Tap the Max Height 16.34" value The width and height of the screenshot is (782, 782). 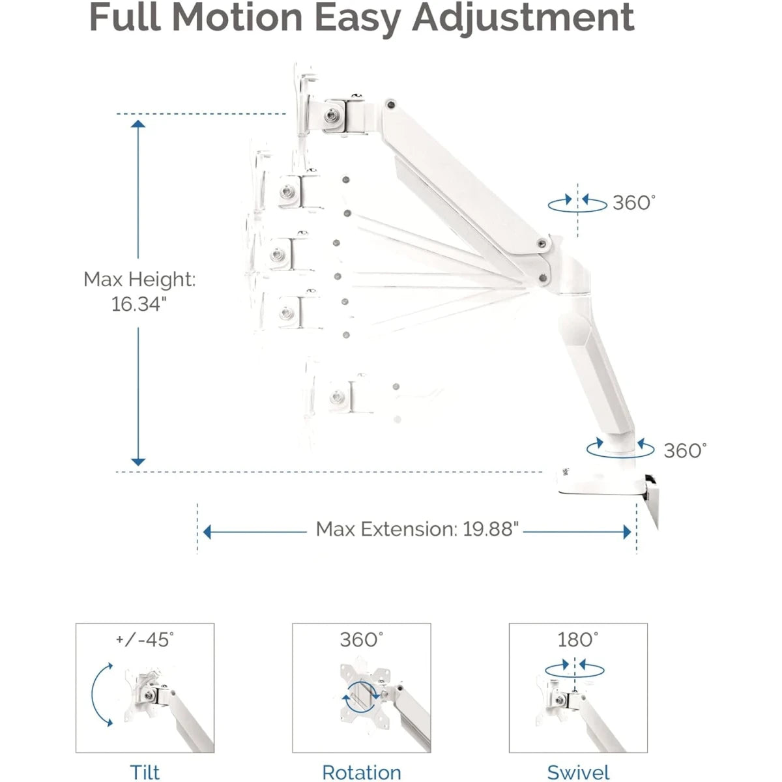(139, 304)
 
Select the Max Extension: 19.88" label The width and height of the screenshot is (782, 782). (417, 529)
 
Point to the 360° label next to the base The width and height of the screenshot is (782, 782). (685, 450)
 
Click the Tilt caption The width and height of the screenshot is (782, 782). (145, 772)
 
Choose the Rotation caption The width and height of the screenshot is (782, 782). (361, 772)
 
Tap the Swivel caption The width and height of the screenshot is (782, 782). (578, 772)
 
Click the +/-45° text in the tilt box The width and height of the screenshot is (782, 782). (145, 639)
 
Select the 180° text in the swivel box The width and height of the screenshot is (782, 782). (577, 639)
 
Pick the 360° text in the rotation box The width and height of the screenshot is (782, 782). (361, 639)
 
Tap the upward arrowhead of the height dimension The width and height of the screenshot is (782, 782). (138, 124)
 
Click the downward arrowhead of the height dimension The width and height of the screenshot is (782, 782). (138, 461)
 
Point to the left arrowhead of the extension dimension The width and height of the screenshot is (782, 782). (207, 532)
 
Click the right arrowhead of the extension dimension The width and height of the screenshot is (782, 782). (627, 532)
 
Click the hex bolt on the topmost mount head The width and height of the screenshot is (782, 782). (332, 116)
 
